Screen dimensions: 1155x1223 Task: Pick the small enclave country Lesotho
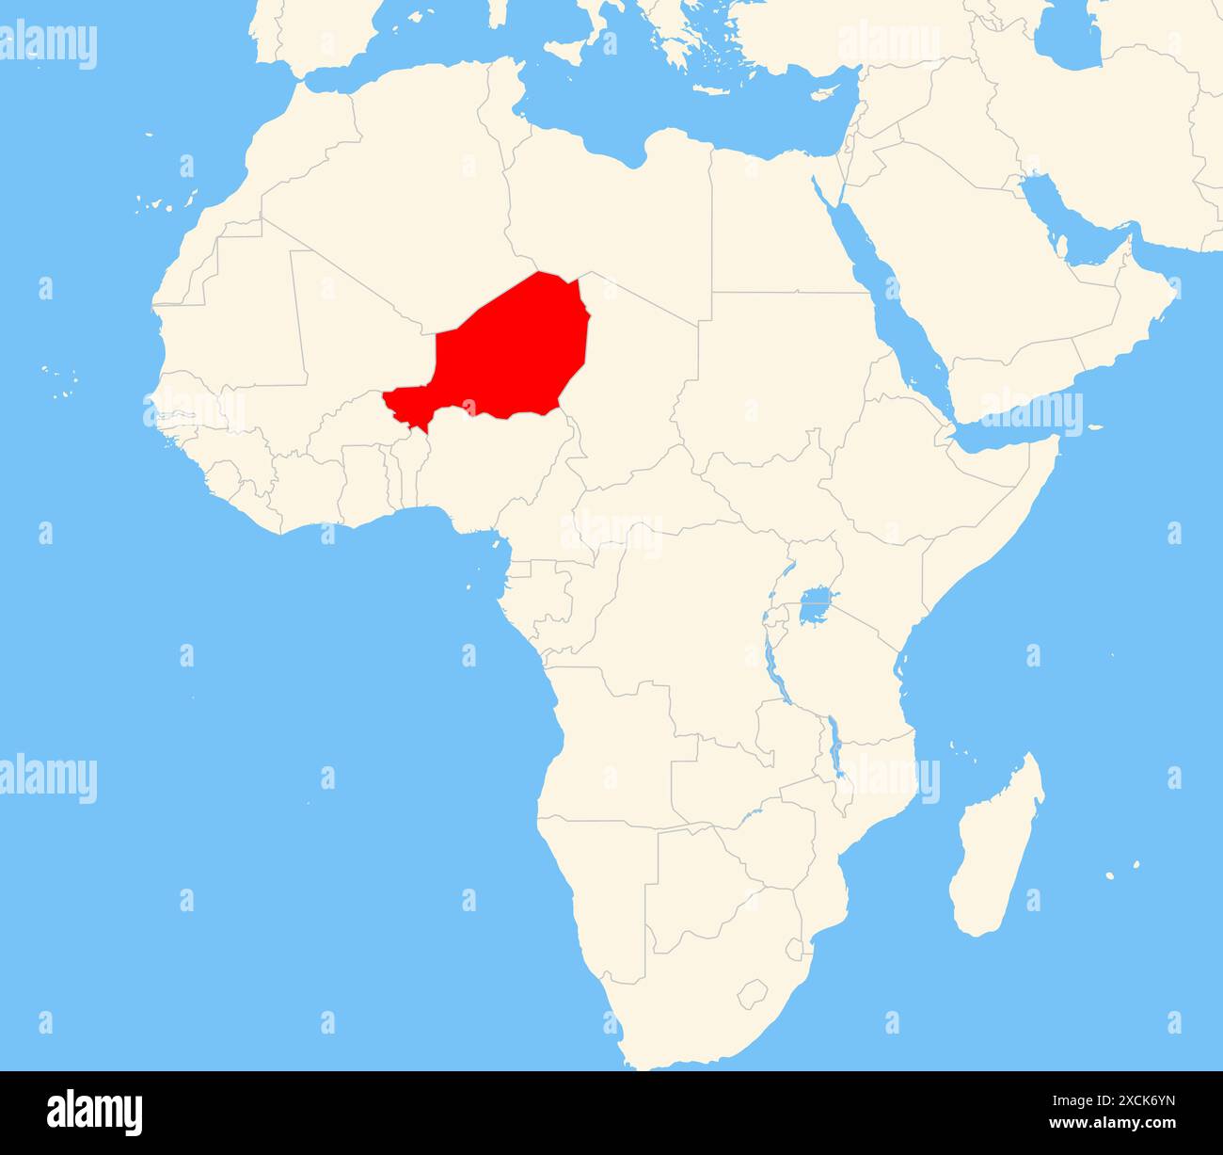pos(753,992)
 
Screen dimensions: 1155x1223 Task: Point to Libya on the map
pos(611,207)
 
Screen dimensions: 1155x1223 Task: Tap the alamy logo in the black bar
pos(95,1112)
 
